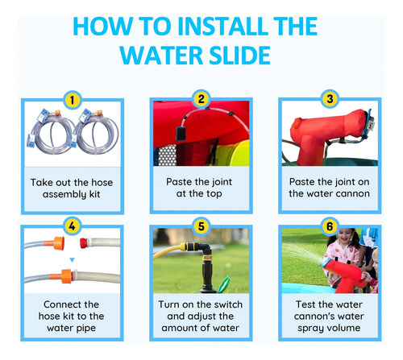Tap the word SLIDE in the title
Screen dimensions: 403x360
coord(239,56)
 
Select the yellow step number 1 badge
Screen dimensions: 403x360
coord(72,100)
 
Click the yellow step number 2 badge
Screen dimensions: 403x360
coord(201,99)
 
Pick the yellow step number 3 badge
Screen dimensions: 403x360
coord(330,99)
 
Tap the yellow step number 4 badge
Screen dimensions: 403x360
coord(72,226)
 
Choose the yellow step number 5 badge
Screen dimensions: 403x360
coord(201,226)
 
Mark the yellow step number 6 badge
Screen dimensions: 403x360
coord(330,226)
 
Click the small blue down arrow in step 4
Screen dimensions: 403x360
coord(72,260)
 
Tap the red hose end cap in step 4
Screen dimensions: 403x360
coord(85,242)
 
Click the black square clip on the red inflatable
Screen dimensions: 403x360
coord(181,134)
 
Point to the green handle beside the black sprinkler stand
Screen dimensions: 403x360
coord(224,284)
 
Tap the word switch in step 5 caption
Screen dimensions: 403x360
coord(228,304)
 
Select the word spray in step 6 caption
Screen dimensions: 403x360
coord(310,329)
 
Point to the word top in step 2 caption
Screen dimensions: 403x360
coord(214,194)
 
